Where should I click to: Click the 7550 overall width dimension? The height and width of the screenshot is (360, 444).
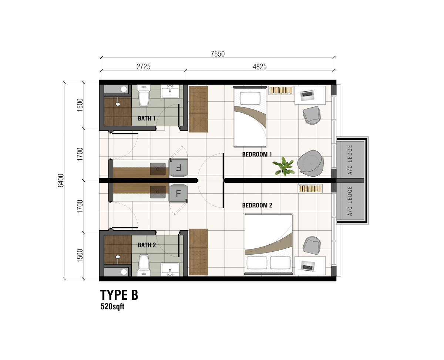(218, 54)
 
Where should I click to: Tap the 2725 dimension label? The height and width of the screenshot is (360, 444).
(144, 67)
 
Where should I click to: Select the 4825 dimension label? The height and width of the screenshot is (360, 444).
(260, 67)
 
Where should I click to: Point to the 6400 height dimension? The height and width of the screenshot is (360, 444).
(61, 180)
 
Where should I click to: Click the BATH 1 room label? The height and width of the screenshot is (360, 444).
(147, 118)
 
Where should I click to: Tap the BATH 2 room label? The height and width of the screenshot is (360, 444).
(147, 245)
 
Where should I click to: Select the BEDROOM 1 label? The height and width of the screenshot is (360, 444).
(257, 154)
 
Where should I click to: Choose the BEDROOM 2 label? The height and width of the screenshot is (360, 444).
(257, 205)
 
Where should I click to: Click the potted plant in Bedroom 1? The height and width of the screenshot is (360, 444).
(284, 166)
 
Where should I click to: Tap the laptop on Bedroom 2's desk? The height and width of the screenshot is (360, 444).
(307, 266)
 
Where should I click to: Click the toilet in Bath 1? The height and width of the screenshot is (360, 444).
(144, 96)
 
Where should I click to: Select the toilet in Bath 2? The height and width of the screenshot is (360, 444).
(144, 265)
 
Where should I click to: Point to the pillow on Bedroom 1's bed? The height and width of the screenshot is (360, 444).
(250, 98)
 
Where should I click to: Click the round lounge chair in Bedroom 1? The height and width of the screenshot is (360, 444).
(310, 163)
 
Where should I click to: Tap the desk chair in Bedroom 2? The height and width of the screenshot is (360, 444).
(312, 245)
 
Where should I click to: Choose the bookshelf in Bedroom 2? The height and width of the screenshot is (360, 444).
(310, 189)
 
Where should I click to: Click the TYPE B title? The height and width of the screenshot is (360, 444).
(119, 295)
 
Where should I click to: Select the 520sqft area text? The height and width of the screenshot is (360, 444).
(112, 306)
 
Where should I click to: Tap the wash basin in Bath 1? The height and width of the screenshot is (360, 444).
(170, 91)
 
